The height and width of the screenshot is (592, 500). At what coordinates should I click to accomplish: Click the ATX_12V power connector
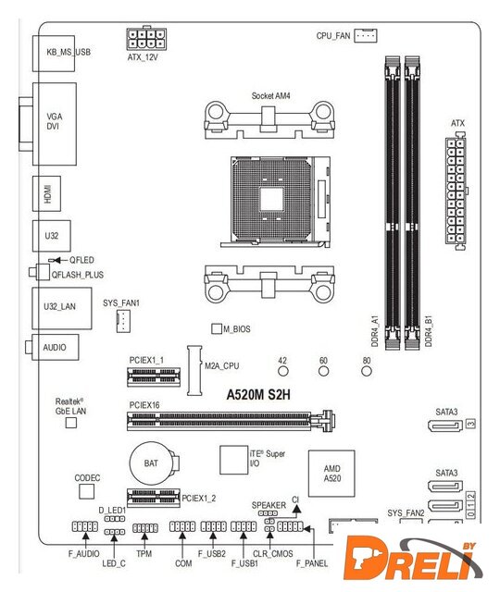[x=146, y=39]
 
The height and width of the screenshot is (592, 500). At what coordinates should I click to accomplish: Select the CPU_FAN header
[x=365, y=36]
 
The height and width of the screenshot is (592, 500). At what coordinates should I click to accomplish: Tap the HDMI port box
[x=47, y=193]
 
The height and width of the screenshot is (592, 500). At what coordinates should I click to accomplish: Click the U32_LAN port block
[x=62, y=308]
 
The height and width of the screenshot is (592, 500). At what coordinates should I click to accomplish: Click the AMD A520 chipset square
[x=331, y=474]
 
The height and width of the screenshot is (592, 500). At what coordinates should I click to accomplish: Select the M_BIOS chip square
[x=216, y=328]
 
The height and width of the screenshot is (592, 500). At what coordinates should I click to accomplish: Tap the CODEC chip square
[x=86, y=491]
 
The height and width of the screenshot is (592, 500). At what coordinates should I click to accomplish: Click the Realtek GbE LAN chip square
[x=71, y=423]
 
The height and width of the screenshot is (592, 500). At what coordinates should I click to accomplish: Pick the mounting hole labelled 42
[x=283, y=371]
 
